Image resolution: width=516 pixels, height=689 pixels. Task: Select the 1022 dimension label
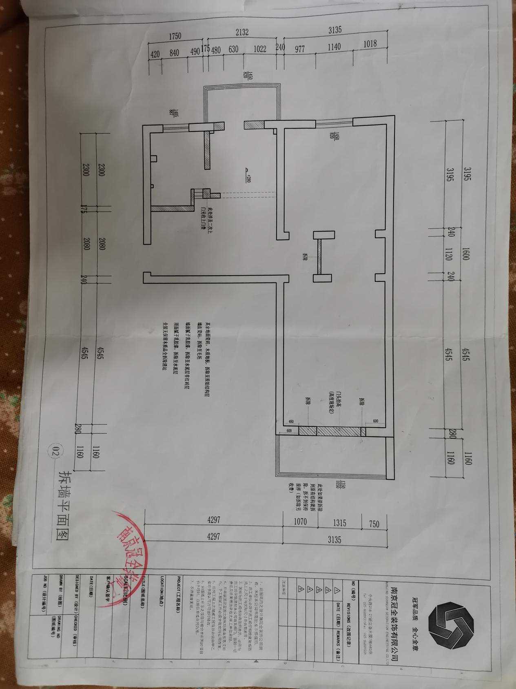260,49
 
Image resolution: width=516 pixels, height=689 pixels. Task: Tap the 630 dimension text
233,49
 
